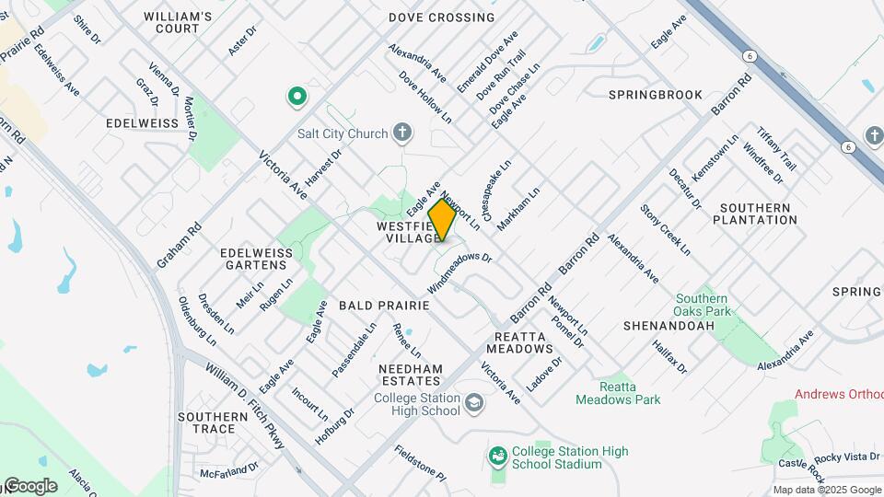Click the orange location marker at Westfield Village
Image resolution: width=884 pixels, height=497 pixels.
[442, 220]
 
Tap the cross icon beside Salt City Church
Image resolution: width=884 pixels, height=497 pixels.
[401, 133]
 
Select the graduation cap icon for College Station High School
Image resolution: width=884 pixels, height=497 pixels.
[473, 403]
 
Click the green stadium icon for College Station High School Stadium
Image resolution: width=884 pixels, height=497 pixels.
[498, 457]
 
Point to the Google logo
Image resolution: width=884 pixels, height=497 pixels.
[29, 486]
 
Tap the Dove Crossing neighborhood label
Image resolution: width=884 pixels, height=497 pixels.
[441, 17]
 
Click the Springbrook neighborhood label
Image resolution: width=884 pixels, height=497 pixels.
[656, 95]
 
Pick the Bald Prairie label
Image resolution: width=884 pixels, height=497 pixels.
[384, 305]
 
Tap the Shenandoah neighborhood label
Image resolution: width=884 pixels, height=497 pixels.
[657, 326]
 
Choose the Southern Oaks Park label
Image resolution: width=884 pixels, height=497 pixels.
[702, 306]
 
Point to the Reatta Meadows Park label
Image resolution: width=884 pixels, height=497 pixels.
[618, 393]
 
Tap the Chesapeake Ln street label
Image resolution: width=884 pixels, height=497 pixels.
[494, 180]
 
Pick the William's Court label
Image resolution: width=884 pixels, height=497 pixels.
[178, 23]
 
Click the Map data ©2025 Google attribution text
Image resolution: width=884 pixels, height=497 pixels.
[827, 490]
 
